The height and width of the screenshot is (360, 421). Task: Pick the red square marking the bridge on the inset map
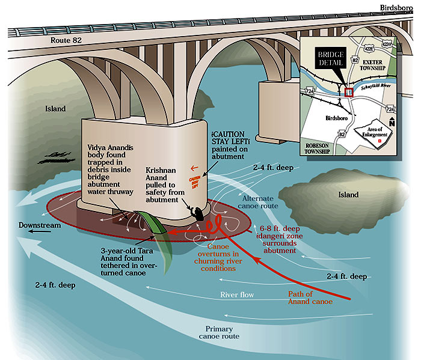point(349,92)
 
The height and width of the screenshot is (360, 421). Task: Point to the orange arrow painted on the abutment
point(210,168)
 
